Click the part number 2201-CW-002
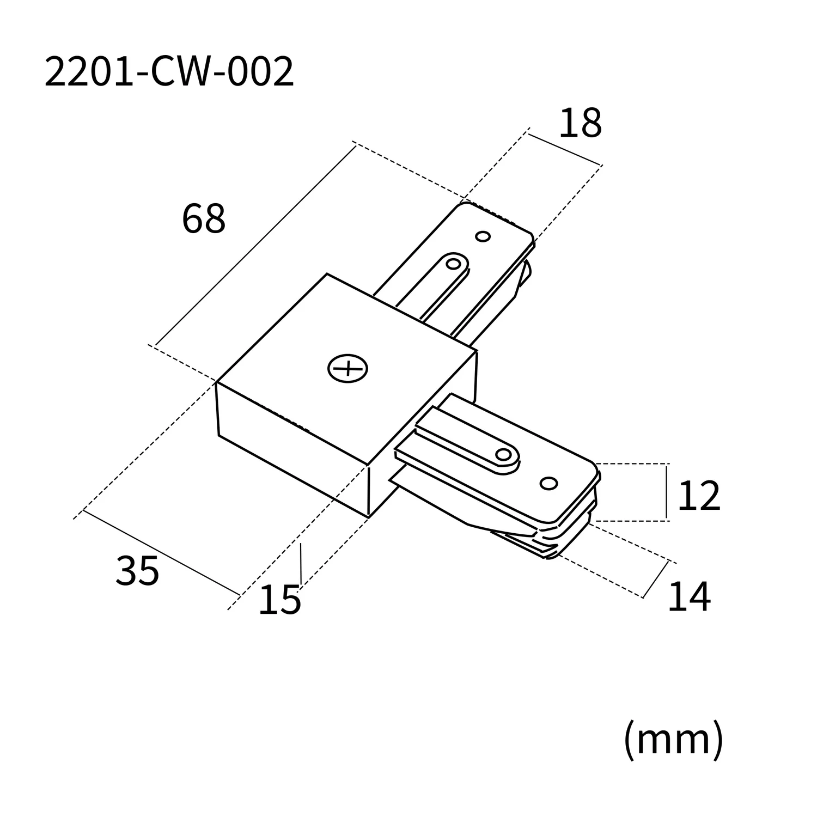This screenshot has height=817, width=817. tap(169, 72)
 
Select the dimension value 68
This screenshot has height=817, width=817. tap(203, 219)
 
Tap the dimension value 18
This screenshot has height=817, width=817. tap(580, 124)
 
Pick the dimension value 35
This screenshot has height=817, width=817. tap(137, 571)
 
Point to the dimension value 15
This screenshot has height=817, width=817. tap(279, 600)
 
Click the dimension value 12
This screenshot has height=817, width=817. tap(699, 496)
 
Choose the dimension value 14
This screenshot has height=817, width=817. tap(689, 597)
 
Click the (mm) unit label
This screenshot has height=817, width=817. tap(673, 739)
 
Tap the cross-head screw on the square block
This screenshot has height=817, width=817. tap(347, 369)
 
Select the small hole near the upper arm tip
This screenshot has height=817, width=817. tap(483, 236)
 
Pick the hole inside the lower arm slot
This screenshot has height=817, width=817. tap(504, 455)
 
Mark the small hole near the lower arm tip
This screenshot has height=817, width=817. tap(548, 483)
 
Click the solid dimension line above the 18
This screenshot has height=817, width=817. tap(564, 148)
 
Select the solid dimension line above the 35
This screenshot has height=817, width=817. tap(161, 552)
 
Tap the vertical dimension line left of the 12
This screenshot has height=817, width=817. tap(667, 492)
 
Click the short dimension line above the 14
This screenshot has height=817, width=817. tap(656, 579)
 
